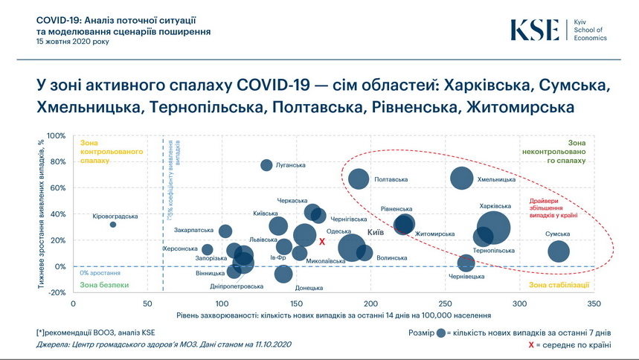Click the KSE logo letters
pyautogui.click(x=534, y=30)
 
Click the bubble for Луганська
pyautogui.click(x=266, y=165)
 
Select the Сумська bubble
pyautogui.click(x=558, y=251)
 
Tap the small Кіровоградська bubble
pyautogui.click(x=113, y=225)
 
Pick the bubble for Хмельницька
pyautogui.click(x=462, y=179)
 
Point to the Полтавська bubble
pyautogui.click(x=359, y=179)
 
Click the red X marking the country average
pyautogui.click(x=322, y=242)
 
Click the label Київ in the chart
pyautogui.click(x=375, y=233)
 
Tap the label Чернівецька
pyautogui.click(x=466, y=277)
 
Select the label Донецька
pyautogui.click(x=309, y=287)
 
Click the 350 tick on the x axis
pyautogui.click(x=593, y=304)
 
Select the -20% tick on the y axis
pyautogui.click(x=57, y=292)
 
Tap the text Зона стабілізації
pyautogui.click(x=559, y=285)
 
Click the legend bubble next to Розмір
pyautogui.click(x=441, y=333)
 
